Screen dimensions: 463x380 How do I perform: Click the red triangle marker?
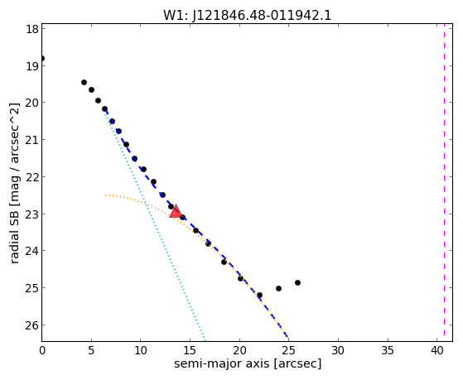[x=176, y=211]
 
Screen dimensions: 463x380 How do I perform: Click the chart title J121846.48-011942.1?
[x=262, y=16]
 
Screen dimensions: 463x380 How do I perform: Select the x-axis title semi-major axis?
[x=221, y=363]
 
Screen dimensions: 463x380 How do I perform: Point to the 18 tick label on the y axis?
[x=32, y=29]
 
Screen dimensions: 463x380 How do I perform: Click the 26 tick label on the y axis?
[x=32, y=325]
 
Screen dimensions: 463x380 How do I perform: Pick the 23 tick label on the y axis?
[x=32, y=214]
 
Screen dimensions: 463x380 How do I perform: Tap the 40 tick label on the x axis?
[x=437, y=350]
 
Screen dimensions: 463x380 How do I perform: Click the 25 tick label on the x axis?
[x=289, y=350]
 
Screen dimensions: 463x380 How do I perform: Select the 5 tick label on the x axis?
[x=91, y=350]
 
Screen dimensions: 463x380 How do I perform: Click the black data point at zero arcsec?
[x=42, y=58]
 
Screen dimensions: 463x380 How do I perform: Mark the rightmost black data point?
[x=297, y=282]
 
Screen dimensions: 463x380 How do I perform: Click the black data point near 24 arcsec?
[x=278, y=288]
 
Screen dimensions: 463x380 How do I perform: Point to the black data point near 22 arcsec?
[x=259, y=295]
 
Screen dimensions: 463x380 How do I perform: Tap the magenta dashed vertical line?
[x=445, y=182]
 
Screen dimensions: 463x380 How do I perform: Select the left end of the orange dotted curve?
[x=105, y=195]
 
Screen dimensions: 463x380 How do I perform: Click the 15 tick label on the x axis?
[x=190, y=350]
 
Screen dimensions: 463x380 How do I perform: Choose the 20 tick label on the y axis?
[x=32, y=103]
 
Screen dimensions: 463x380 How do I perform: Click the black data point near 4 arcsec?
[x=84, y=82]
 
